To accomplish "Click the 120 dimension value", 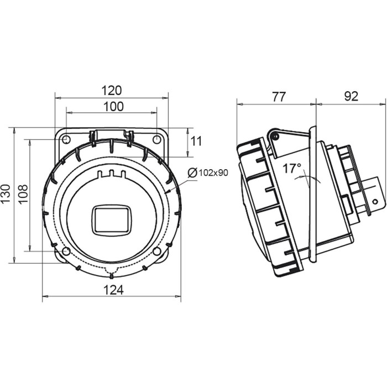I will click(111, 90).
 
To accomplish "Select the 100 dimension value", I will click(113, 107).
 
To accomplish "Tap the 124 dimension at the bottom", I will click(112, 289).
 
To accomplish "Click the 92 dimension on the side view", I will click(351, 96).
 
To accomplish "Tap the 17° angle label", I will click(292, 168).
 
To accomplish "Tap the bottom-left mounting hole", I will click(66, 252).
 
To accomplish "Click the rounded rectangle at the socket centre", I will click(111, 218).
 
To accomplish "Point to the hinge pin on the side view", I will click(273, 135).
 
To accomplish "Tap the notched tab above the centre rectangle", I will click(111, 175).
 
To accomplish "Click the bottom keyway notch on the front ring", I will click(111, 275).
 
